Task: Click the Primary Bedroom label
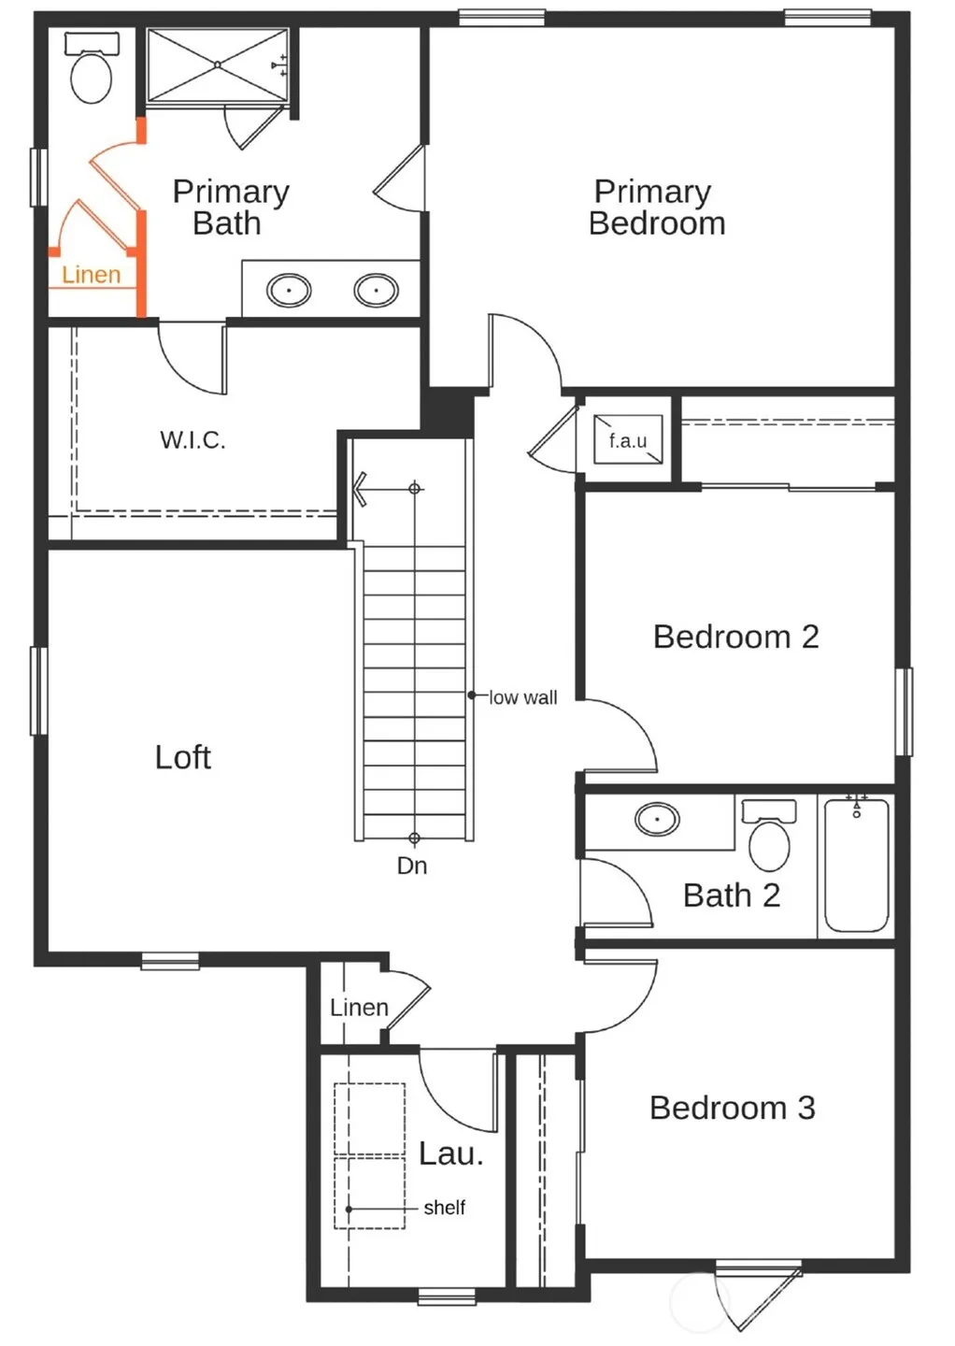pyautogui.click(x=657, y=208)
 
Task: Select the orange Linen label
pyautogui.click(x=92, y=275)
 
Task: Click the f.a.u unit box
pyautogui.click(x=628, y=439)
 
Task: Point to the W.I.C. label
pyautogui.click(x=192, y=440)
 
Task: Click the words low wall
pyautogui.click(x=523, y=697)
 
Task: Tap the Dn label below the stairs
pyautogui.click(x=412, y=866)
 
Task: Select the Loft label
pyautogui.click(x=182, y=757)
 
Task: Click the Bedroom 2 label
pyautogui.click(x=735, y=637)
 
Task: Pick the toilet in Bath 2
pyautogui.click(x=769, y=835)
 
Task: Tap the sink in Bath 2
pyautogui.click(x=657, y=819)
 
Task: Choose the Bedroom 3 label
pyautogui.click(x=733, y=1108)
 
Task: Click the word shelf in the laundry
pyautogui.click(x=445, y=1208)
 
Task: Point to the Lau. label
pyautogui.click(x=451, y=1153)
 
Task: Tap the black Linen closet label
pyautogui.click(x=359, y=1007)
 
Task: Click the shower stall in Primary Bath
pyautogui.click(x=218, y=64)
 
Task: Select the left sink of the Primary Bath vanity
pyautogui.click(x=289, y=290)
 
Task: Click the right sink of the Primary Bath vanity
pyautogui.click(x=376, y=290)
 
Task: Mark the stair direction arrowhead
pyautogui.click(x=360, y=489)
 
